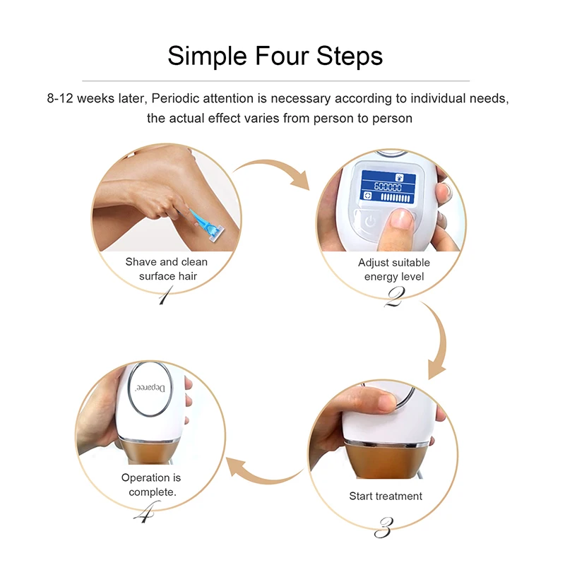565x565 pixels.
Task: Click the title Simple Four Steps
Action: pos(275,55)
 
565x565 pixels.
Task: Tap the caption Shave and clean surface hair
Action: pos(167,269)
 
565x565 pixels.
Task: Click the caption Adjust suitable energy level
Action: pos(393,269)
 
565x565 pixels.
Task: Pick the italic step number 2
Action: pos(393,297)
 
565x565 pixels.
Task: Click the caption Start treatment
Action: pos(386,496)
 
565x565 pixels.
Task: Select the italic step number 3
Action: pos(386,525)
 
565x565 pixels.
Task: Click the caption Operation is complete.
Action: pos(152,484)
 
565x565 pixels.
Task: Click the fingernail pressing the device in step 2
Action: pos(402,220)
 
